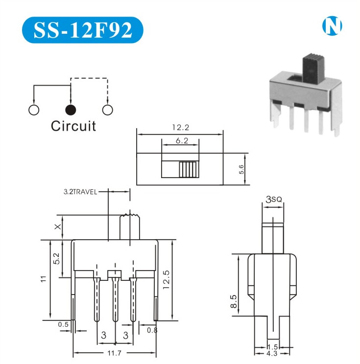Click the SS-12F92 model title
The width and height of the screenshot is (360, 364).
click(82, 30)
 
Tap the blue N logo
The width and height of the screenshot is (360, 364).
click(332, 26)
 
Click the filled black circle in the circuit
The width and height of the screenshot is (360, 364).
click(71, 109)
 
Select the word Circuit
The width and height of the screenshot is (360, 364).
click(73, 126)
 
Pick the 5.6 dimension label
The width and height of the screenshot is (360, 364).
click(241, 169)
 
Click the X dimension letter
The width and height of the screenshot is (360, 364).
click(58, 227)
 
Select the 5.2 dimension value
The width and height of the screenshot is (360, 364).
click(56, 258)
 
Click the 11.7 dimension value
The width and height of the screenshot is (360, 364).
click(115, 353)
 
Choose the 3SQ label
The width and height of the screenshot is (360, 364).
click(273, 199)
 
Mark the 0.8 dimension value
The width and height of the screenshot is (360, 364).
click(152, 330)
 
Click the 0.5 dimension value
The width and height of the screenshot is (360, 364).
click(63, 324)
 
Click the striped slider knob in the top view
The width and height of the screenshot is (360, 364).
click(189, 169)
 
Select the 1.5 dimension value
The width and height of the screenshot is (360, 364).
click(273, 347)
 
